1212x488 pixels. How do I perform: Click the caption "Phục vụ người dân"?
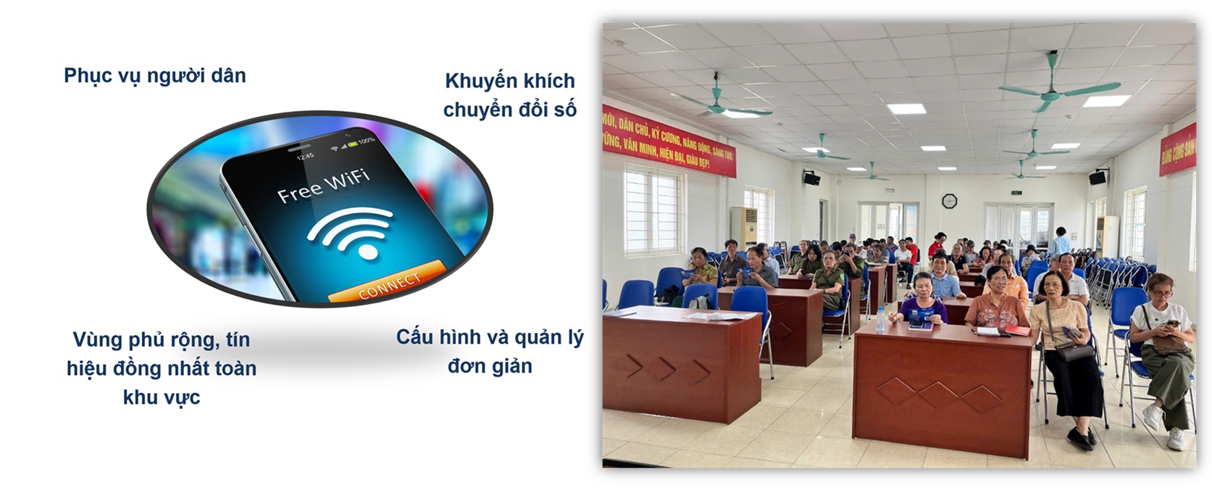click(155, 75)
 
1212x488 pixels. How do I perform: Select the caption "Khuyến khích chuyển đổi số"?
click(510, 95)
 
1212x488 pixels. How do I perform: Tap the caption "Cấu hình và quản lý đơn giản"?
click(490, 352)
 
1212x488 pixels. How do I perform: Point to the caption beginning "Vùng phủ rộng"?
click(161, 368)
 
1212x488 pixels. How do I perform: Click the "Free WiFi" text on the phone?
click(323, 185)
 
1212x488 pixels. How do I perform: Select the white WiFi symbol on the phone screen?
click(351, 231)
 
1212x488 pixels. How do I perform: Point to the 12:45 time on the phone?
click(305, 156)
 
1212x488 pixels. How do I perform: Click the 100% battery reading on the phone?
click(365, 140)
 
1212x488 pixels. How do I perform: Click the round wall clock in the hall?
click(949, 201)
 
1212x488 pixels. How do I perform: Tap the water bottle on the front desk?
click(881, 320)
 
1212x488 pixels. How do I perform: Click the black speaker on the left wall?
click(811, 178)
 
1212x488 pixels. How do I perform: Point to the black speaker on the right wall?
click(1098, 178)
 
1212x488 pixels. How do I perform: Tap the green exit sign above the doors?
click(1016, 193)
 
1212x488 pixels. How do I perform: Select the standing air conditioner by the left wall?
click(744, 228)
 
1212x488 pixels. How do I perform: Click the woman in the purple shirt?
click(921, 300)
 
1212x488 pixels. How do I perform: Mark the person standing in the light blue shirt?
click(1061, 242)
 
